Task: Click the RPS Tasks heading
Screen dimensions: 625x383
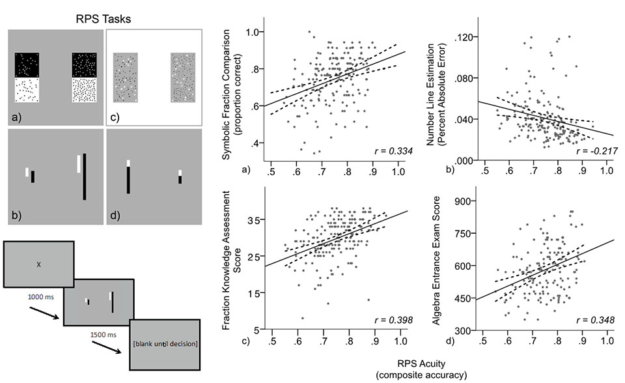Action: pos(104,19)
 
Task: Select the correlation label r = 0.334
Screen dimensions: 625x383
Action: pos(393,151)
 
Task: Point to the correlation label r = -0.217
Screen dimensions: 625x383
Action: pos(597,151)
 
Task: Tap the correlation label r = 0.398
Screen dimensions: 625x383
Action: pos(393,320)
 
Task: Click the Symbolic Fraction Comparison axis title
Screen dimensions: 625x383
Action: pos(231,94)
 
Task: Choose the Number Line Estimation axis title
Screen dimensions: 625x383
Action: pos(436,94)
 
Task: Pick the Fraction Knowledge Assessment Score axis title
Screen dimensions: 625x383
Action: pos(231,260)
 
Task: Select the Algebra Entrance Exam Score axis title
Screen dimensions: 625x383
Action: pos(436,260)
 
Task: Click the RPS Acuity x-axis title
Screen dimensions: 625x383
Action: pos(421,369)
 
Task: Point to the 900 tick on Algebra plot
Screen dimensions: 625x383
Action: pos(462,201)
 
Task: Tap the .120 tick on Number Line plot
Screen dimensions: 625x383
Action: pos(464,38)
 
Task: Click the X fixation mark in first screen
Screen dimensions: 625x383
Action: pos(38,264)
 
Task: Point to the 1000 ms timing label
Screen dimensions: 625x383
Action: pos(40,297)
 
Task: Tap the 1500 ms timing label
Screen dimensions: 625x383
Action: pos(104,335)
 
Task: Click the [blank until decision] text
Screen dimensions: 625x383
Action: pos(165,343)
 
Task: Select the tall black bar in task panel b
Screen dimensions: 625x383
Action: pos(85,177)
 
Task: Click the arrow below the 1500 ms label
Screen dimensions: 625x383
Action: pos(106,347)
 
